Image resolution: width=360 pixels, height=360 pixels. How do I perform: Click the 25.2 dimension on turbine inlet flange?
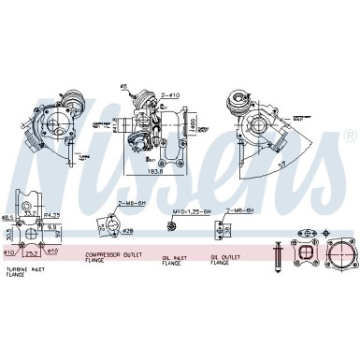pyautogui.click(x=33, y=252)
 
